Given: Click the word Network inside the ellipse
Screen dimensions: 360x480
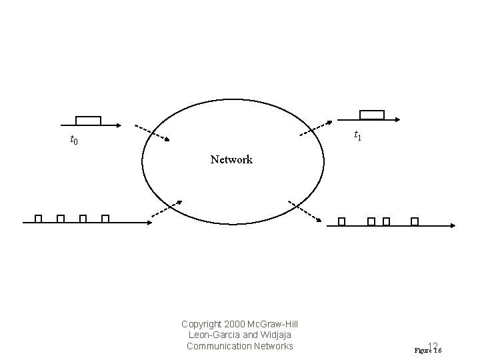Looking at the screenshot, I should pyautogui.click(x=231, y=160).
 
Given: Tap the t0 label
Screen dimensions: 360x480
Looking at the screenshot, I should pyautogui.click(x=74, y=140).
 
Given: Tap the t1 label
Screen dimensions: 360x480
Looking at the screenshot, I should pyautogui.click(x=358, y=135).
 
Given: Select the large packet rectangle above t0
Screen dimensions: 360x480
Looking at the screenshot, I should pyautogui.click(x=88, y=121).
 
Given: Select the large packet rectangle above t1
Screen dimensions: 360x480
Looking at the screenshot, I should pyautogui.click(x=372, y=115).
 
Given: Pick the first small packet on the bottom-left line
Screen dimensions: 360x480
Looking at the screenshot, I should pyautogui.click(x=39, y=219).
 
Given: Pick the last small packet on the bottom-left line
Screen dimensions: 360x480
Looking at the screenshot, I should pyautogui.click(x=105, y=219).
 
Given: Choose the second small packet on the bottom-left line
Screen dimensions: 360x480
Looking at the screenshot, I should pyautogui.click(x=61, y=219).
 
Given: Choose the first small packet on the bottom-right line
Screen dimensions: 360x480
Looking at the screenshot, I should pyautogui.click(x=341, y=221).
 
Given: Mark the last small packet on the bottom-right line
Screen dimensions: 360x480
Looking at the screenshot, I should pyautogui.click(x=415, y=221).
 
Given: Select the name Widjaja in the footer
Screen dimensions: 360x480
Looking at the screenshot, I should pyautogui.click(x=275, y=335).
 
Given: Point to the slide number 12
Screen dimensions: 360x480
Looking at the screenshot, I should pyautogui.click(x=433, y=346).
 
